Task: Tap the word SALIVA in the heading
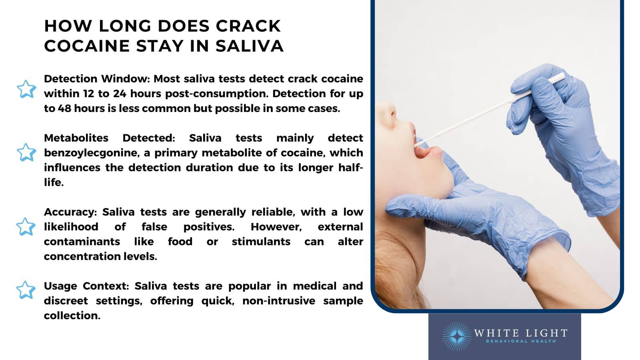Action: [x=249, y=46]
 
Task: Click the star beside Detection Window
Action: [x=26, y=89]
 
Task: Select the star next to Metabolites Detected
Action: [x=26, y=152]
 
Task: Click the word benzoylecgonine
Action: [x=97, y=153]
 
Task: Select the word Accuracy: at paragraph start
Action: [x=70, y=212]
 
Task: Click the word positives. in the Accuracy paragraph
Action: [x=209, y=227]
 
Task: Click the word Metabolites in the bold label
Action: [x=76, y=138]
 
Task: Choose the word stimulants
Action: [x=261, y=242]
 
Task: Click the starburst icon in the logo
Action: [x=457, y=336]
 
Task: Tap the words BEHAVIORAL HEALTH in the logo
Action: [x=521, y=341]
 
